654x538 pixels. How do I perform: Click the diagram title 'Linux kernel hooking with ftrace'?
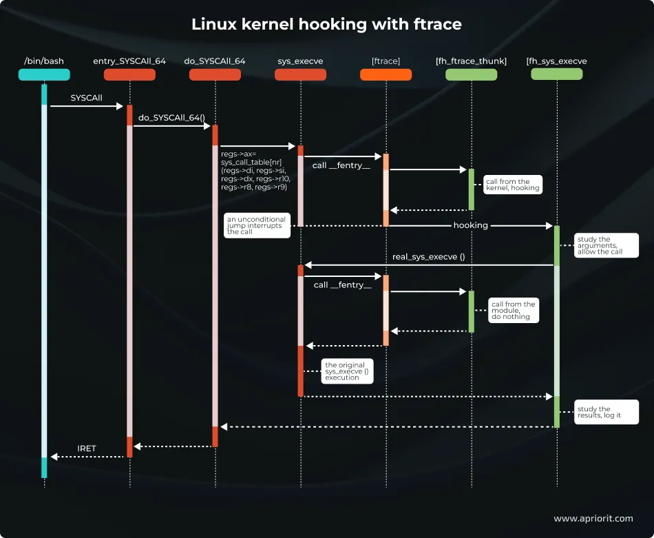(326, 25)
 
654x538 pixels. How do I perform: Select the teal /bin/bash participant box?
(44, 74)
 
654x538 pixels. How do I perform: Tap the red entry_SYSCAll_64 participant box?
(129, 74)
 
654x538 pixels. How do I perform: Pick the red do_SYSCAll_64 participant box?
(215, 74)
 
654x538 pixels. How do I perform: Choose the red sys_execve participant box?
(300, 74)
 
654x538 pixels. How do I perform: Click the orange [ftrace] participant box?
(386, 74)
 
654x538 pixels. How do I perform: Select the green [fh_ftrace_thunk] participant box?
(472, 74)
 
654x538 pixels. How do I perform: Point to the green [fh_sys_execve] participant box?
(556, 74)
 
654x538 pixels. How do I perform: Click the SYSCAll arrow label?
(86, 98)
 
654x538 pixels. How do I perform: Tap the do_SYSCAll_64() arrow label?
(171, 118)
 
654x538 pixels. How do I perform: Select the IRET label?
(87, 448)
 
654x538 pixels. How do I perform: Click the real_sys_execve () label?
(428, 257)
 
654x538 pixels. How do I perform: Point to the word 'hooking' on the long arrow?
(470, 225)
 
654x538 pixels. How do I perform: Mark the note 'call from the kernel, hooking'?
(512, 185)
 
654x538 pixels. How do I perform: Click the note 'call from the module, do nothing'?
(513, 311)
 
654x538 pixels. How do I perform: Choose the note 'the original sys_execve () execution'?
(347, 371)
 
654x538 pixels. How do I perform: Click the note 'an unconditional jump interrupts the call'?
(256, 225)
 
